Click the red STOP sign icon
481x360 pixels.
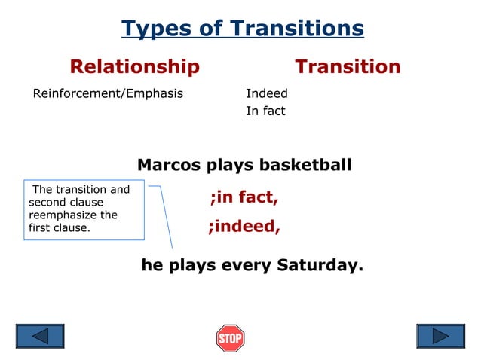(230, 338)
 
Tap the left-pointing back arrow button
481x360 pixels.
(40, 336)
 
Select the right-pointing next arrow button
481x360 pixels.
(440, 336)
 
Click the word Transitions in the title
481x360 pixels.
(297, 29)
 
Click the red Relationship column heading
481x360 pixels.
(134, 66)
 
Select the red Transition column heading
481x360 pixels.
(348, 66)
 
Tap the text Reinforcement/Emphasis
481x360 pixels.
(108, 94)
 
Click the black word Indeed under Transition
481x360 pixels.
(267, 94)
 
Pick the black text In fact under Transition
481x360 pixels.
(265, 111)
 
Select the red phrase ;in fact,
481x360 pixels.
(244, 198)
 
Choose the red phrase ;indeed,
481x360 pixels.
(244, 227)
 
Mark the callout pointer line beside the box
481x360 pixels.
(165, 218)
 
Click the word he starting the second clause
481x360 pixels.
(152, 265)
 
